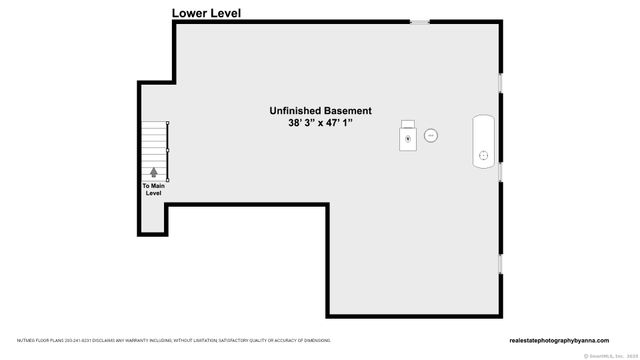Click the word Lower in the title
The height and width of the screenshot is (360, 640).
tap(191, 13)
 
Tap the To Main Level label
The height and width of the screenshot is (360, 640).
tap(153, 189)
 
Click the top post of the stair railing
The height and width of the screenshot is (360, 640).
tap(168, 123)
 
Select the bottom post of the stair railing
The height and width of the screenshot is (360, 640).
tap(168, 178)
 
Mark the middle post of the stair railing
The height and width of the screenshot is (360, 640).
tap(168, 151)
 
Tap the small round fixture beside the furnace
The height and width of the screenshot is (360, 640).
tap(431, 134)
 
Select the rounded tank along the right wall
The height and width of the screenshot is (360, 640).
tap(484, 141)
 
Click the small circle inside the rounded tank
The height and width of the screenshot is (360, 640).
tap(484, 155)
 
